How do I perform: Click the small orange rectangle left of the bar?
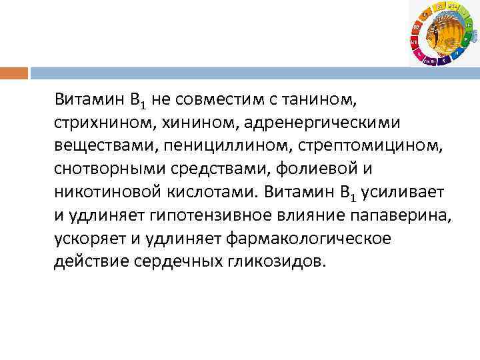point(14,72)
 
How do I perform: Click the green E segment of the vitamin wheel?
point(464,41)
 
